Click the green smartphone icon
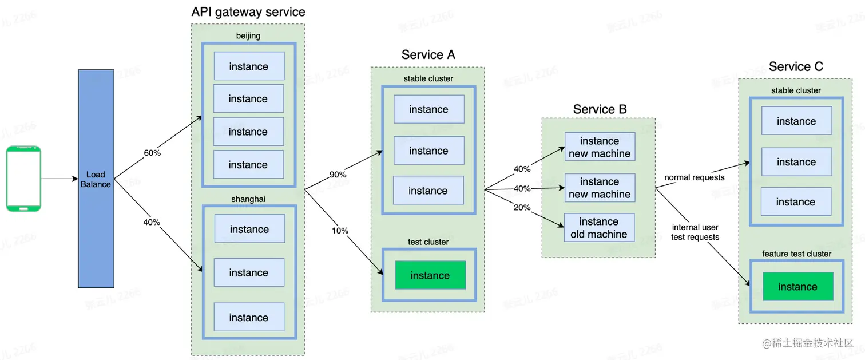coord(23,179)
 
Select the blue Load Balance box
coord(96,179)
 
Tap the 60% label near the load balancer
coord(152,153)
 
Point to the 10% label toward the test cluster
coord(340,231)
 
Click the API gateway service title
coord(248,12)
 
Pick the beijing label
coord(248,36)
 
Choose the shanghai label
coord(249,199)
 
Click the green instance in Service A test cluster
coord(430,275)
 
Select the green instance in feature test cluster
coord(797,287)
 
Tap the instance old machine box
coord(599,228)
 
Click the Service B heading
coord(600,109)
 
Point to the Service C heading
coord(796,67)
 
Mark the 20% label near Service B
coord(522,208)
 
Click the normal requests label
coord(694,177)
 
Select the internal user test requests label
coord(695,232)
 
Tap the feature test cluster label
coord(796,254)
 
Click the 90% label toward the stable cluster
coord(338,174)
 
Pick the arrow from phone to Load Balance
coord(59,179)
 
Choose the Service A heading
coord(428,55)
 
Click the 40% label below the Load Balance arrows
coord(152,222)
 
